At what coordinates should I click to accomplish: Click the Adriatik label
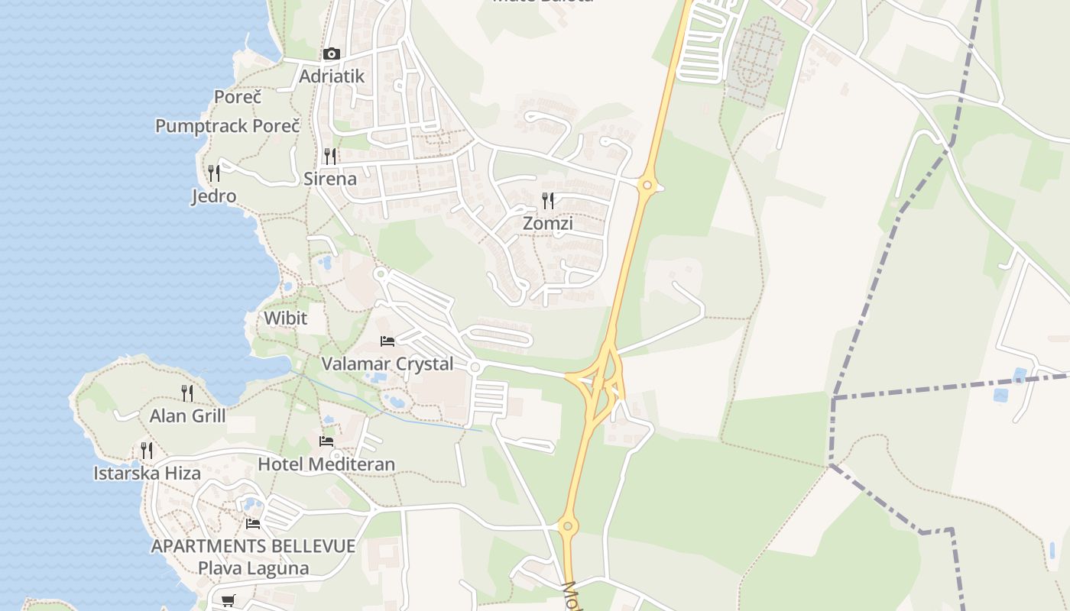click(332, 76)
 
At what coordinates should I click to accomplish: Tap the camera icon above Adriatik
click(331, 53)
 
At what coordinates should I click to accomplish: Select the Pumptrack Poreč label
click(227, 126)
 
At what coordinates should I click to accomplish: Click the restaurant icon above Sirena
click(330, 157)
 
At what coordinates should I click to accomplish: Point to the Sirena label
click(330, 179)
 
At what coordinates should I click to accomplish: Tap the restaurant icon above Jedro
click(214, 173)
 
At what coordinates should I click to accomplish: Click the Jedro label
click(214, 196)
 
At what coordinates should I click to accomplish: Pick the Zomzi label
click(548, 224)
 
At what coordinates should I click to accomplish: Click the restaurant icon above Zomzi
click(548, 201)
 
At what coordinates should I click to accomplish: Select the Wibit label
click(285, 318)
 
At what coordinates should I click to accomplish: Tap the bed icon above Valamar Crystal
click(387, 341)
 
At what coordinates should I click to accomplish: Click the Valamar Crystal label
click(387, 364)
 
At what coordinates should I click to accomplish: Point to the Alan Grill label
click(187, 416)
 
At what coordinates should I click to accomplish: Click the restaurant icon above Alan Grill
click(187, 393)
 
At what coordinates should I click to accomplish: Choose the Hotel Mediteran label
click(326, 464)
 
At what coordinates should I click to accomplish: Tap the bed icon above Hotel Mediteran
click(326, 441)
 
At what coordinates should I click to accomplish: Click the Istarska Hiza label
click(147, 474)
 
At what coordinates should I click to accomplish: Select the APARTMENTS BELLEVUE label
click(253, 546)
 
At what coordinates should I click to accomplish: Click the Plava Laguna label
click(253, 568)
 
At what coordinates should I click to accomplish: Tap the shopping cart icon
click(229, 600)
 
